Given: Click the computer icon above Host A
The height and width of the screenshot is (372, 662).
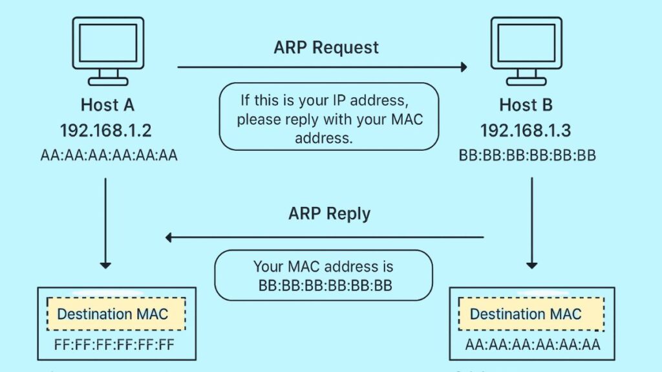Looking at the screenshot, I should pos(107,50).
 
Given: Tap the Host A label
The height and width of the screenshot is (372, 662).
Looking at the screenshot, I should pos(107,105).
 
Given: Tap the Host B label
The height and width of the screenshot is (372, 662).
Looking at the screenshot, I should pos(526,105).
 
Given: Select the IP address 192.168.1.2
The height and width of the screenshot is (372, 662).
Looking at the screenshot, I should pos(106,130).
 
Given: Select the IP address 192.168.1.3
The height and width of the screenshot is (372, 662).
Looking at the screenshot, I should pos(526,131).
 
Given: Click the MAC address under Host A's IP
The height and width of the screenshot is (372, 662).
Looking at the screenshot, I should pos(107,155).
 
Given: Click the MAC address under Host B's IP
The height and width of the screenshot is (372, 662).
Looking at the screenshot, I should pos(526,156).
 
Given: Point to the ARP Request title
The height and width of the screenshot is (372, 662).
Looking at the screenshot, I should pos(326,47).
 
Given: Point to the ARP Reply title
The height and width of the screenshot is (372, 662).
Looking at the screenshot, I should pos(330,213).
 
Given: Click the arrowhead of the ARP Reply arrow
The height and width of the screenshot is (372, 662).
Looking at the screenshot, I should pos(170,237).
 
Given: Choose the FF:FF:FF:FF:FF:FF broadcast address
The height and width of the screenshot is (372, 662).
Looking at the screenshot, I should pos(115,344).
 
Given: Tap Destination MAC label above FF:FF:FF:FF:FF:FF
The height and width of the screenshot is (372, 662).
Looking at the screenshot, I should pos(112,314).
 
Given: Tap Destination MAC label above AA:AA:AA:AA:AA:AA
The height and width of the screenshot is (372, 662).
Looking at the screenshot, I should pos(526,314).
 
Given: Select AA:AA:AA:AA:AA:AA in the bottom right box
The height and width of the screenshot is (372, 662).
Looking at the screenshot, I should pos(533,344).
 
